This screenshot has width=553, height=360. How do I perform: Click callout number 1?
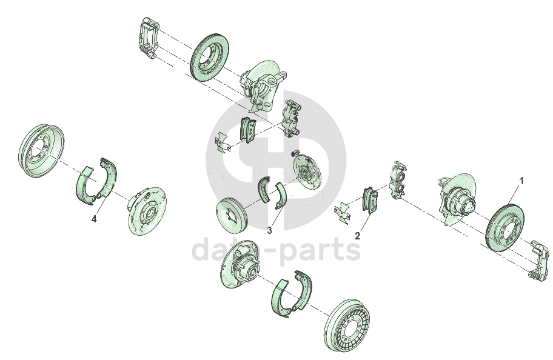[x=521, y=181]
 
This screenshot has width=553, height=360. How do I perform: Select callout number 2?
[x=357, y=236]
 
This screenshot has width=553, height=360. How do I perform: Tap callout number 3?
[x=269, y=230]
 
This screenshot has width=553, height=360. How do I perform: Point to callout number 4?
[x=94, y=219]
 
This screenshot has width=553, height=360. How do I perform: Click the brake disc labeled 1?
[x=505, y=227]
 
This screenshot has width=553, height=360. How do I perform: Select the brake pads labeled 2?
[x=370, y=200]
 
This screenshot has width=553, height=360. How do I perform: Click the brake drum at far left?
[x=41, y=150]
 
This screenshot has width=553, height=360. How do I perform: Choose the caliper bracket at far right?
[x=539, y=261]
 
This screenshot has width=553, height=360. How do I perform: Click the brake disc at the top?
[x=209, y=58]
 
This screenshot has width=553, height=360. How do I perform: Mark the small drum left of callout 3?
[x=231, y=215]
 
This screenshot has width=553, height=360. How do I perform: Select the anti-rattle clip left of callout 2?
[x=342, y=213]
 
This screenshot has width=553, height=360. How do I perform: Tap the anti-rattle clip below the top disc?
[x=223, y=142]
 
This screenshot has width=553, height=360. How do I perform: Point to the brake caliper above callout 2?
[x=398, y=180]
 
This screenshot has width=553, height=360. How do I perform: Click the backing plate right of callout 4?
[x=147, y=211]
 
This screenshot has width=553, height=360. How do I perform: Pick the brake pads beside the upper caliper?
[x=248, y=130]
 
